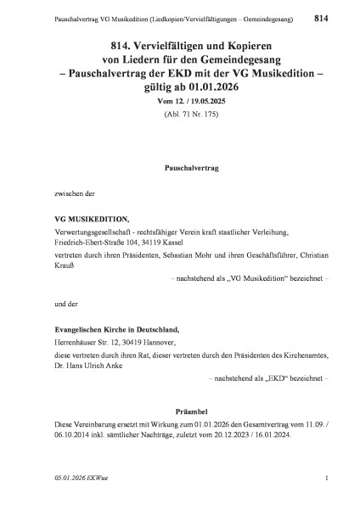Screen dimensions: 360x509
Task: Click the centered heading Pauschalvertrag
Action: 180,170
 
